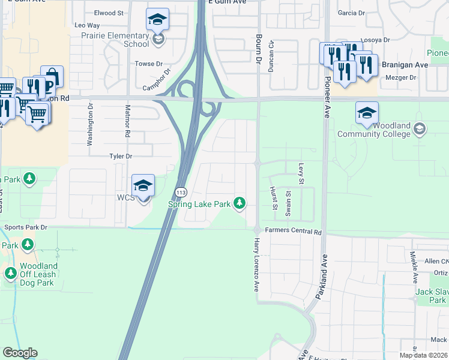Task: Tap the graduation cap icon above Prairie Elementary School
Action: click(x=158, y=20)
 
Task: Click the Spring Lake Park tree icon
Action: click(x=240, y=204)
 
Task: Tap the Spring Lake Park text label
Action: click(x=199, y=204)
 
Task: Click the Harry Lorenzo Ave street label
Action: click(x=256, y=264)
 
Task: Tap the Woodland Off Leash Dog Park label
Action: click(x=38, y=274)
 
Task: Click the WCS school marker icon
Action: click(x=143, y=186)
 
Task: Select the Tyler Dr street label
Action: click(x=120, y=156)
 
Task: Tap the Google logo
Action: click(x=20, y=353)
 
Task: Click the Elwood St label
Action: click(x=109, y=13)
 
